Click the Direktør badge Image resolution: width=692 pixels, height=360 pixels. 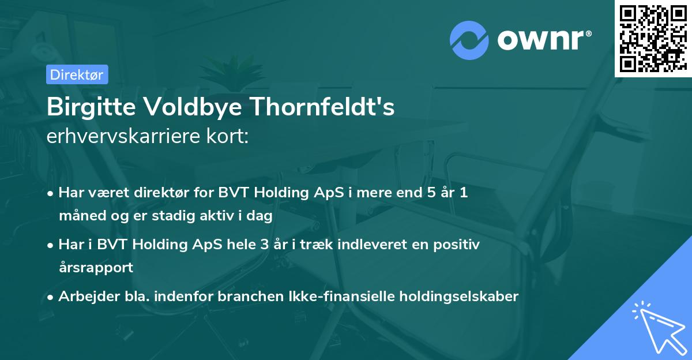tap(77, 74)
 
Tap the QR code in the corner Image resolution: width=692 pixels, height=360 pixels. tap(653, 38)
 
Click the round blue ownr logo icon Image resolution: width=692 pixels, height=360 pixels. tap(469, 39)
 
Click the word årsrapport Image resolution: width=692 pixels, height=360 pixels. tap(96, 268)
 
